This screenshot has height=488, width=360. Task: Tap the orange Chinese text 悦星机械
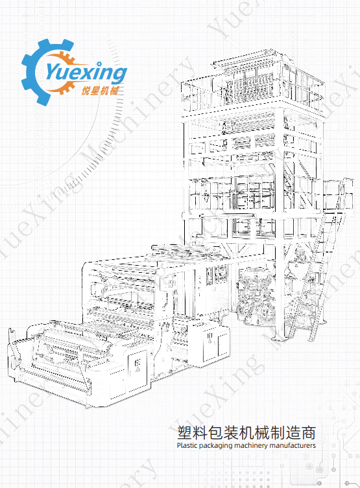[x=100, y=91]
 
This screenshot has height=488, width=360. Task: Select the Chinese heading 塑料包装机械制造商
[x=246, y=433]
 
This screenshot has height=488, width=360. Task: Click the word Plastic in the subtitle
[x=187, y=445]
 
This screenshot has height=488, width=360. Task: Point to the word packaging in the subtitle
[x=215, y=446]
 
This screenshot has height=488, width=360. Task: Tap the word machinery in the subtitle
[x=250, y=446]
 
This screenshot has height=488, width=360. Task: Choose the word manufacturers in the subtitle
[x=293, y=445]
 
